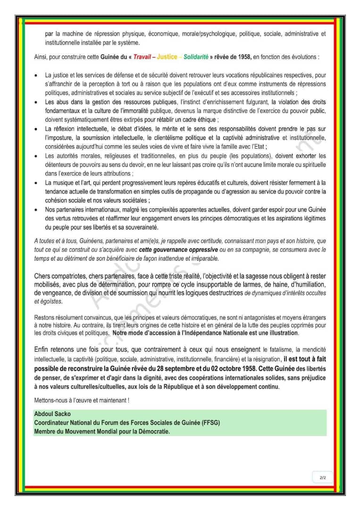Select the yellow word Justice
pyautogui.click(x=167, y=57)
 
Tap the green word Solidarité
pyautogui.click(x=196, y=57)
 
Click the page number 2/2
pyautogui.click(x=323, y=478)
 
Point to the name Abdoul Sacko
pyautogui.click(x=52, y=414)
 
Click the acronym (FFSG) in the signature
pyautogui.click(x=211, y=423)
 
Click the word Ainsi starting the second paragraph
pyautogui.click(x=42, y=57)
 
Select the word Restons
pyautogui.click(x=45, y=317)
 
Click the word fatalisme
pyautogui.click(x=278, y=350)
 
